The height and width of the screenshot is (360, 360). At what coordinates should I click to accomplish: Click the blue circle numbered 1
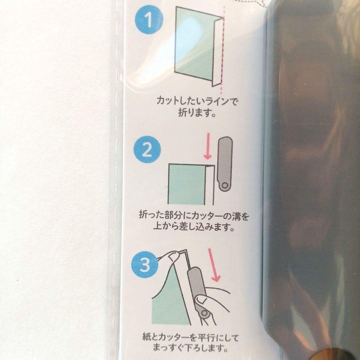(x=149, y=20)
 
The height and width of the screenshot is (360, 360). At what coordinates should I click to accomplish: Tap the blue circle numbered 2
(x=147, y=149)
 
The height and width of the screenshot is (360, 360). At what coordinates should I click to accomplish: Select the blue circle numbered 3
(x=145, y=265)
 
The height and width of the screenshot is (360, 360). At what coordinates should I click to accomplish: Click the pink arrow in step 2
(x=208, y=146)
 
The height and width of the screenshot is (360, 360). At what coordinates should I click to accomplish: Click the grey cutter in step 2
(x=225, y=164)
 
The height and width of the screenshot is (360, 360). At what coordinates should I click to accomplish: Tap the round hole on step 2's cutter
(x=225, y=185)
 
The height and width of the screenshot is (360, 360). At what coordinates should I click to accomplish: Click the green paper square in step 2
(x=186, y=184)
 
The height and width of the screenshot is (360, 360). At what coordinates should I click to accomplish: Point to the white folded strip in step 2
(x=209, y=185)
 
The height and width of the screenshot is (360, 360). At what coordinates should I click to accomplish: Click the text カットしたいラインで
(x=197, y=101)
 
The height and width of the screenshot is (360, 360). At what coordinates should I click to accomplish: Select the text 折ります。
(x=197, y=113)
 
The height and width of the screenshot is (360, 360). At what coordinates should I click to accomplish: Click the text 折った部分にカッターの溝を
(x=194, y=216)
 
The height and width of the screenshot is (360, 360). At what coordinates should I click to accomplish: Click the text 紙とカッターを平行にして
(x=190, y=338)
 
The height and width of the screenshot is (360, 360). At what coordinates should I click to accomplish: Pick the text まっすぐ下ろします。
(x=191, y=349)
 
